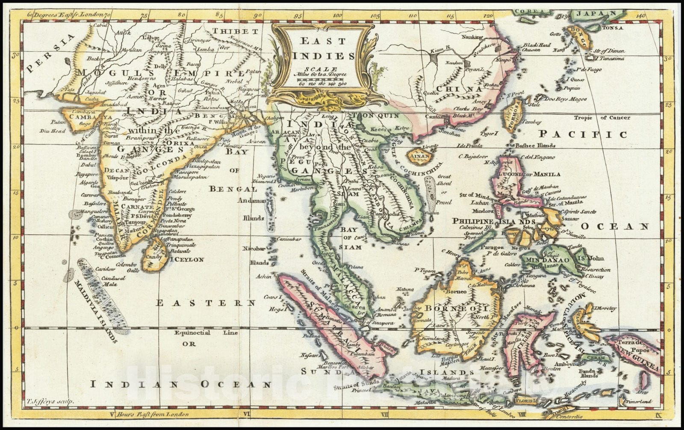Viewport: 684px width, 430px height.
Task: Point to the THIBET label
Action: pyautogui.click(x=236, y=32)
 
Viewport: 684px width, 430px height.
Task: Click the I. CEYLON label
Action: pyautogui.click(x=187, y=259)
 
